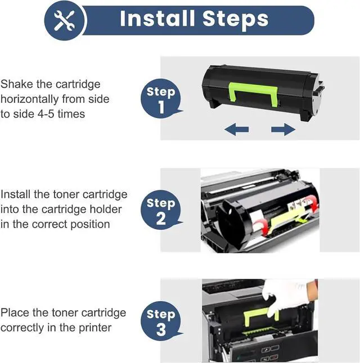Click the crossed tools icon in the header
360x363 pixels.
(64, 20)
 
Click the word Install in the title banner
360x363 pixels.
(157, 19)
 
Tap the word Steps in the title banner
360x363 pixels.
(236, 20)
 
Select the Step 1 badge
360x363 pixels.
(161, 98)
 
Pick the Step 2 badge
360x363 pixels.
(161, 210)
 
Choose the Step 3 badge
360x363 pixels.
(161, 321)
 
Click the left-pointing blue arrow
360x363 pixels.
(237, 129)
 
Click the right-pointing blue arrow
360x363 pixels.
(283, 129)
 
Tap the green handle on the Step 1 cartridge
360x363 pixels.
(253, 93)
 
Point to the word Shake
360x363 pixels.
(17, 84)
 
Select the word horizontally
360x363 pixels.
(30, 99)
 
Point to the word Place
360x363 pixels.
(15, 312)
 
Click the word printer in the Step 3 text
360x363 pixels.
(95, 328)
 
